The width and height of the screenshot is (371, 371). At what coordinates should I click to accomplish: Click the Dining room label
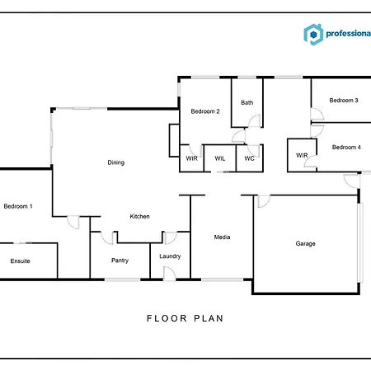coord(115,162)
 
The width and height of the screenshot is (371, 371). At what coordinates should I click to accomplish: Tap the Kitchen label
coord(139,216)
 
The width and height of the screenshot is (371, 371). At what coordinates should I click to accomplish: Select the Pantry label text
coord(120,261)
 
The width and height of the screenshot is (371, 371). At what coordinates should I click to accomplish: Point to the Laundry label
coord(170,256)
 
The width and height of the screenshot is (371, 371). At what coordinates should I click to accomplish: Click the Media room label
coord(222,237)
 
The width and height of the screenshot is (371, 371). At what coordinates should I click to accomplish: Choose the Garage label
coord(305,243)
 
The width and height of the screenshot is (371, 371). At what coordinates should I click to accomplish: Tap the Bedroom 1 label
coord(18,206)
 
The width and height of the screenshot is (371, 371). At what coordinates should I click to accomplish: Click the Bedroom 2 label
coord(205,111)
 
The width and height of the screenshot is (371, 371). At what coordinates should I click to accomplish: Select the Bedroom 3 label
coord(344,101)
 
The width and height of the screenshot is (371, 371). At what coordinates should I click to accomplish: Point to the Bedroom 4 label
coord(346,147)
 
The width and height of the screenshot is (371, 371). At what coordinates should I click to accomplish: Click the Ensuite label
coord(20,261)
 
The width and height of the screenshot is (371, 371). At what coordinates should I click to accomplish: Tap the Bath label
coord(247,102)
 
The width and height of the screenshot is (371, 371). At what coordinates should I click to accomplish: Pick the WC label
coord(249,158)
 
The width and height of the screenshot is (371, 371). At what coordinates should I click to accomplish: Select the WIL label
coord(220,158)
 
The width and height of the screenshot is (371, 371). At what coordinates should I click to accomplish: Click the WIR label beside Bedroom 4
coord(302,155)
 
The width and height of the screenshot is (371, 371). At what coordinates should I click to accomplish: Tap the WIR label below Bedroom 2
coord(191,158)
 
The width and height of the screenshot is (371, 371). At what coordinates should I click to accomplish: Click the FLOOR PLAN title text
coord(185,318)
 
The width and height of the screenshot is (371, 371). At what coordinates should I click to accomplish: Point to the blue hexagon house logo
coord(313,35)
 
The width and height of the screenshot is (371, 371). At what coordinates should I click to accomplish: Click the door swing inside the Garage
coord(264,201)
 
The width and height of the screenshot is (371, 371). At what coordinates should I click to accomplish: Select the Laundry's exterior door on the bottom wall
coord(169,274)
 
